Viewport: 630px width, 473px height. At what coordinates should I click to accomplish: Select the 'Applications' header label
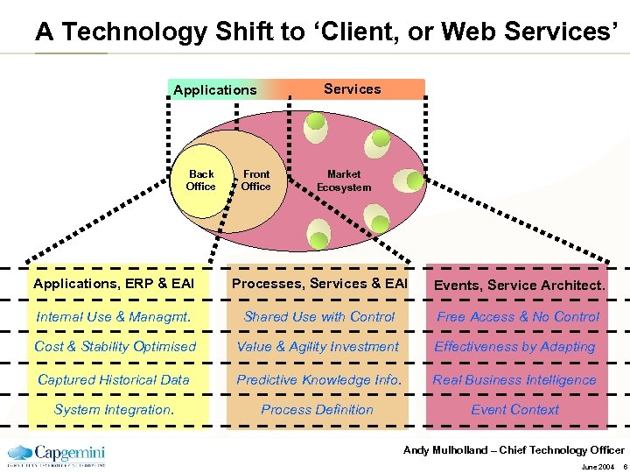(x=215, y=90)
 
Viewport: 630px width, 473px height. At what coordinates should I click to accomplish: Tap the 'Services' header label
(x=352, y=88)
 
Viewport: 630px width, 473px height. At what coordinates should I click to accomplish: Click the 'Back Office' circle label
(x=200, y=180)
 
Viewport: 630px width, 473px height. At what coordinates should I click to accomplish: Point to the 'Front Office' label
(x=256, y=180)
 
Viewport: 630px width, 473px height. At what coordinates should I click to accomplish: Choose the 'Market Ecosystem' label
(x=344, y=180)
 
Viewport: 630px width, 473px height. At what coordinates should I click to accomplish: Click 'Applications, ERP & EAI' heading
(x=114, y=284)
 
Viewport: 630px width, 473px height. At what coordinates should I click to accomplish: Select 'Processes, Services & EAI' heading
(x=319, y=284)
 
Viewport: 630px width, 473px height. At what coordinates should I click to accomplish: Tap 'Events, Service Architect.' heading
(x=519, y=285)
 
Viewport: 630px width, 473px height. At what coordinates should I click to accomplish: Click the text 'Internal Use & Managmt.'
(x=114, y=317)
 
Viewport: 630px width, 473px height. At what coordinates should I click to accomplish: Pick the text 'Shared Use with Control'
(x=319, y=317)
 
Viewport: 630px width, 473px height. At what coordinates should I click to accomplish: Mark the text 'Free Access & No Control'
(x=518, y=317)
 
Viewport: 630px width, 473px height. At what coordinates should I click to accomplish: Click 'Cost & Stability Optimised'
(x=115, y=347)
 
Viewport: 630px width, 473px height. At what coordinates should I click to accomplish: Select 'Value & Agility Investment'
(x=318, y=347)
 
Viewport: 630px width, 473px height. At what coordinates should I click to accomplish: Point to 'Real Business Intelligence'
(x=514, y=380)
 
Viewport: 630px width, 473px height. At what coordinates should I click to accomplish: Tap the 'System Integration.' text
(x=114, y=410)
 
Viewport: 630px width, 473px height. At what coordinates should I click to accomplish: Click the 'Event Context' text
(x=514, y=410)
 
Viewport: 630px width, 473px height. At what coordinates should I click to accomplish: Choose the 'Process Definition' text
(x=317, y=410)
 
